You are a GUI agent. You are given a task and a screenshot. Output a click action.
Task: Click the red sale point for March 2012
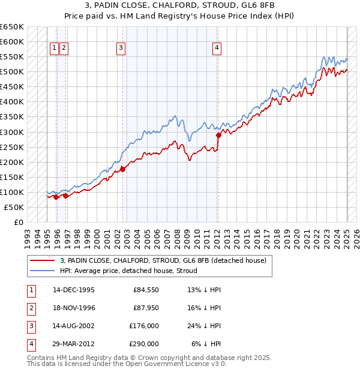point(218,135)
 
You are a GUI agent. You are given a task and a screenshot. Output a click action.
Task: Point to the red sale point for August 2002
point(122,169)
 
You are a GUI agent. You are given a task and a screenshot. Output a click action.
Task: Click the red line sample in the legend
point(43,260)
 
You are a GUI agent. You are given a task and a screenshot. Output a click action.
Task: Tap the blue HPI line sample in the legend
point(43,271)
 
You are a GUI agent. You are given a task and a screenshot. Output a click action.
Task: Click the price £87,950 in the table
point(145,308)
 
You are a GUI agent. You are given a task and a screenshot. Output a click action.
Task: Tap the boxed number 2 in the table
point(31,308)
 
